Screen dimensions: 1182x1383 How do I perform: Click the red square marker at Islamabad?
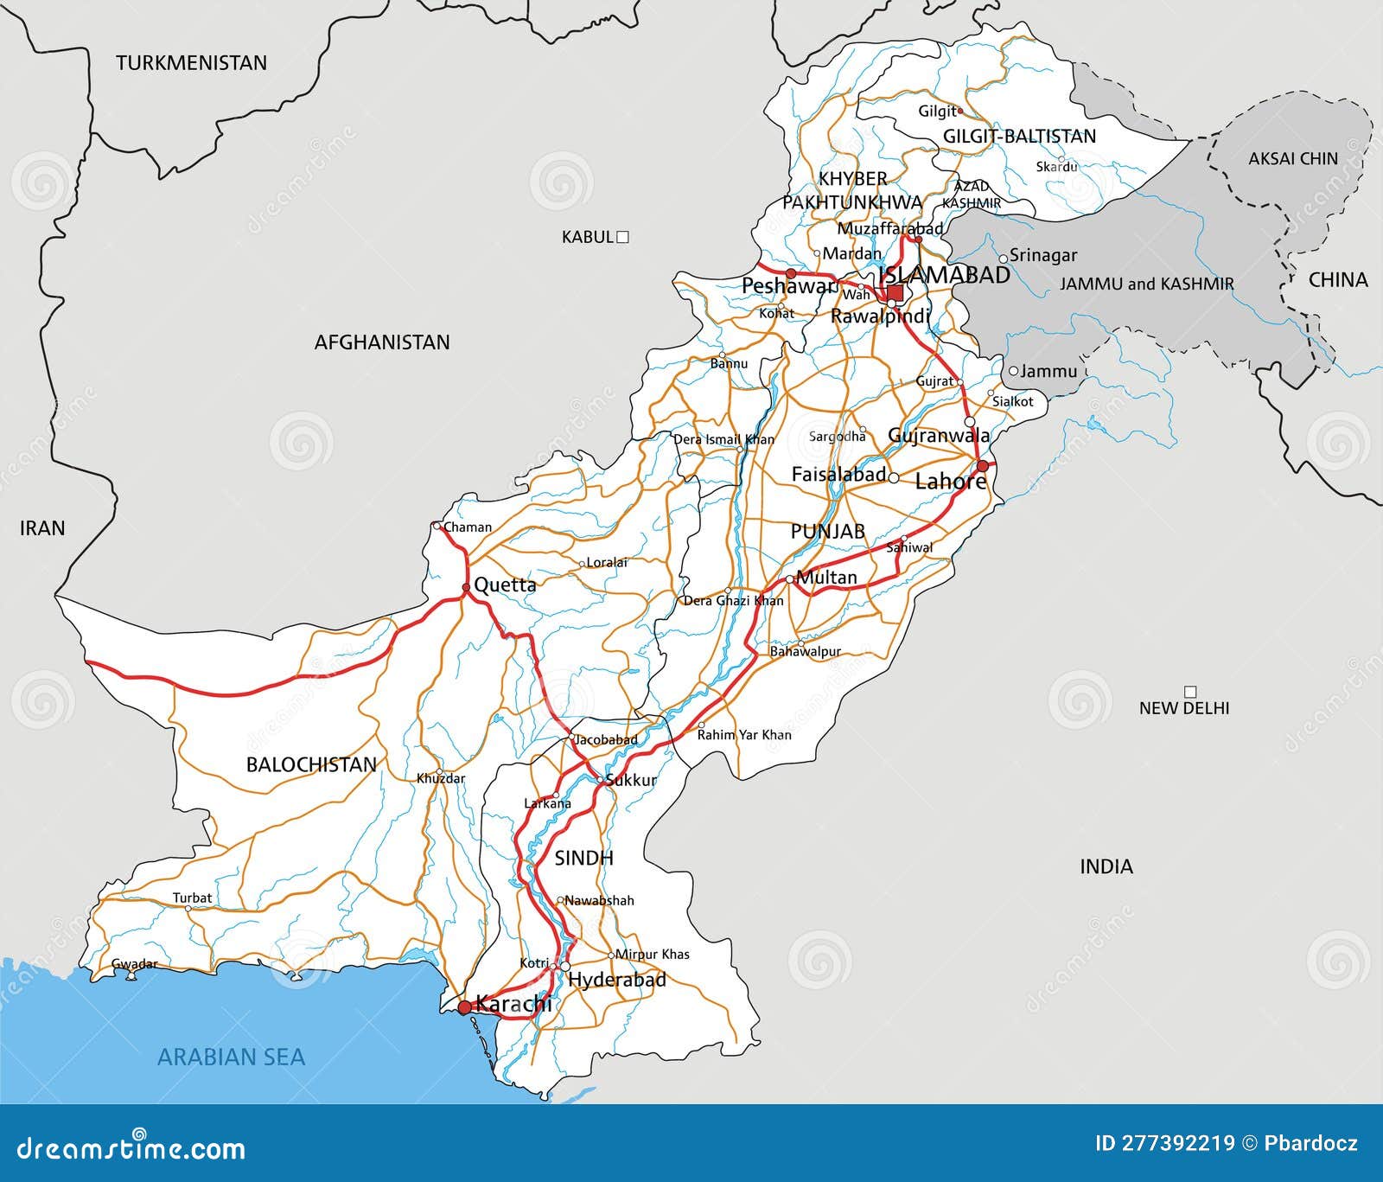pyautogui.click(x=895, y=293)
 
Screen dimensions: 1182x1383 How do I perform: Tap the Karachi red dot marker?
pyautogui.click(x=465, y=1007)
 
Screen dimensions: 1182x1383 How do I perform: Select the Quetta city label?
pyautogui.click(x=505, y=585)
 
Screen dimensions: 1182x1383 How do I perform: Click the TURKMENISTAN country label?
pyautogui.click(x=191, y=62)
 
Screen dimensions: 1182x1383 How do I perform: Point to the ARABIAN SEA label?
pyautogui.click(x=231, y=1057)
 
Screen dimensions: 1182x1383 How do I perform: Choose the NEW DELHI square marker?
pyautogui.click(x=1190, y=692)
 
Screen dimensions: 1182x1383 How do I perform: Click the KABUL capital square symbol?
pyautogui.click(x=622, y=236)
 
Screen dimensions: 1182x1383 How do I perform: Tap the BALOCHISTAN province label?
pyautogui.click(x=311, y=764)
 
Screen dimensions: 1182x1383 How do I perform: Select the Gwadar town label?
pyautogui.click(x=135, y=964)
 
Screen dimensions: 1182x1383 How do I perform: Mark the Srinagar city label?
pyautogui.click(x=1043, y=255)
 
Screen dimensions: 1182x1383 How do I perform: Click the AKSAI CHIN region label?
pyautogui.click(x=1292, y=158)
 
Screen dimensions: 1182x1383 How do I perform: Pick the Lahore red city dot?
pyautogui.click(x=982, y=466)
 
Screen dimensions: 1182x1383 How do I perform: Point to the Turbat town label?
pyautogui.click(x=192, y=898)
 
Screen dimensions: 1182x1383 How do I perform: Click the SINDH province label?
pyautogui.click(x=583, y=858)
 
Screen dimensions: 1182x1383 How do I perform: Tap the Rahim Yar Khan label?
pyautogui.click(x=743, y=735)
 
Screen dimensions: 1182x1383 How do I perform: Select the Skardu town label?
pyautogui.click(x=1056, y=166)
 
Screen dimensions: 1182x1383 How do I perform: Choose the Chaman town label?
pyautogui.click(x=468, y=527)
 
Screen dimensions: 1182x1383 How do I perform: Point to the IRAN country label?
pyautogui.click(x=42, y=527)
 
